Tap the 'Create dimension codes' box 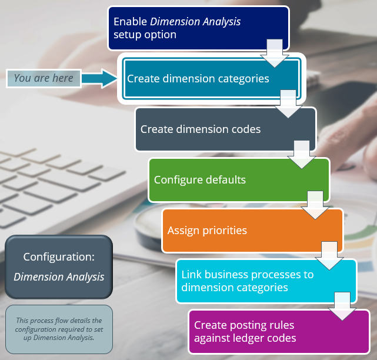point(212,129)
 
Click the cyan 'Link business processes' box point(253,281)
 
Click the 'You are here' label point(44,78)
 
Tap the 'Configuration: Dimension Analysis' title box point(59,267)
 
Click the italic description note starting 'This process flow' point(59,329)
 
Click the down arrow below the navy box point(274,54)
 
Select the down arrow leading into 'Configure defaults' point(302,155)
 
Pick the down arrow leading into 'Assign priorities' point(316,205)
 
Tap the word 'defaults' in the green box point(226,179)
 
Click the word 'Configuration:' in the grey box point(58,257)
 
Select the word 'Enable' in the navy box point(130,22)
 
